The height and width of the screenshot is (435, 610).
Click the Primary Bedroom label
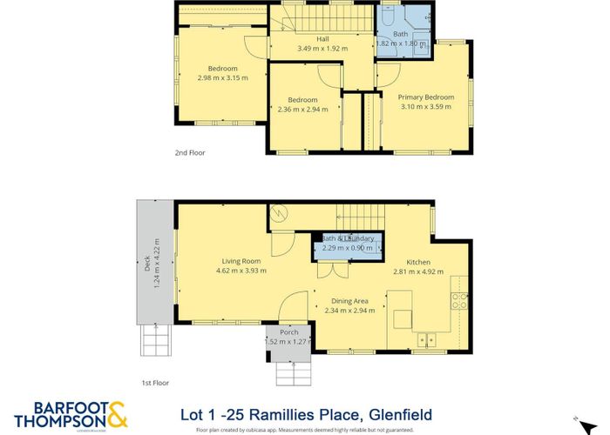[426, 97]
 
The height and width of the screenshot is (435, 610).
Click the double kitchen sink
[425, 339]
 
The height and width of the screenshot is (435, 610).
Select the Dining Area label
[349, 300]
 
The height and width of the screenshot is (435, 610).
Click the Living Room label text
[241, 260]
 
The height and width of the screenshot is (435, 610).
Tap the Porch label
[289, 332]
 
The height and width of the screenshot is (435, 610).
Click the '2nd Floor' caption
[191, 151]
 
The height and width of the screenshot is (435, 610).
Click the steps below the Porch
[290, 372]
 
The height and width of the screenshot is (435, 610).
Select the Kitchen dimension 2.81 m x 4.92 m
[418, 271]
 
